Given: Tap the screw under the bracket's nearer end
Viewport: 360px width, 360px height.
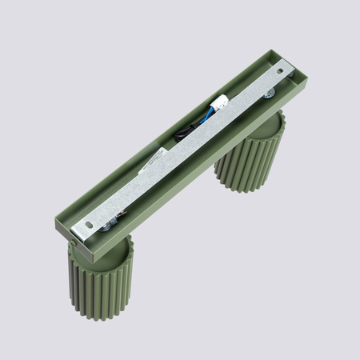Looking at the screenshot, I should pyautogui.click(x=105, y=233).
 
